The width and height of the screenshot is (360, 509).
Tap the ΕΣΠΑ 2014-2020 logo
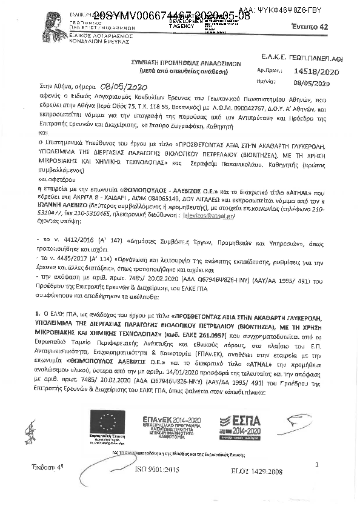[x=248, y=425]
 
